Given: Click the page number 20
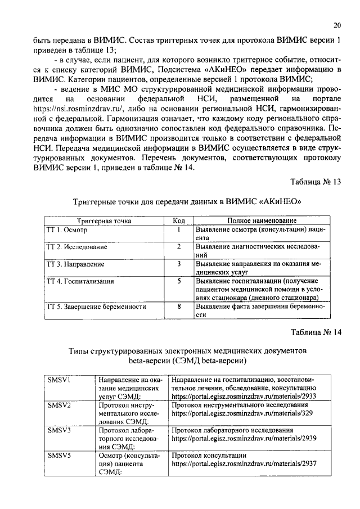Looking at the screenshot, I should click(x=337, y=25).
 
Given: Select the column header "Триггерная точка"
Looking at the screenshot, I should click(x=104, y=221).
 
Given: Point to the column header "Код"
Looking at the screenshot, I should click(x=178, y=221).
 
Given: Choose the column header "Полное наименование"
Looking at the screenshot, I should click(x=262, y=221).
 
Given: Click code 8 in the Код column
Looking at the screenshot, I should click(x=178, y=307).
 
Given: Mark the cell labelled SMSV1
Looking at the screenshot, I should click(x=58, y=380).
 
